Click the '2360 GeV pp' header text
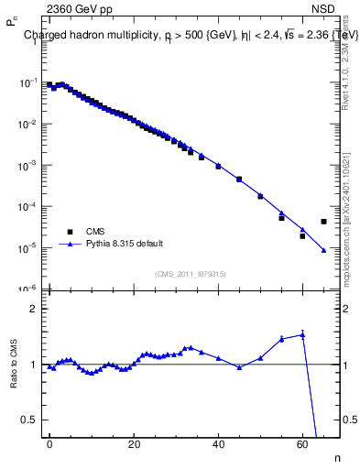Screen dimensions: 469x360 [x=74, y=9]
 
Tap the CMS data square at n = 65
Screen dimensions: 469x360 [x=323, y=222]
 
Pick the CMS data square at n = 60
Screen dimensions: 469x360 [x=302, y=236]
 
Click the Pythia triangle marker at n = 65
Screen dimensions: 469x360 [x=323, y=250]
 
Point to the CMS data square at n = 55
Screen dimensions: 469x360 [x=281, y=218]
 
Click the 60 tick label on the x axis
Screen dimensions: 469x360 [x=302, y=443]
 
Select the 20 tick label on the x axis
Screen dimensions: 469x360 [x=134, y=443]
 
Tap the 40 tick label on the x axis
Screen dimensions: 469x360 [x=218, y=443]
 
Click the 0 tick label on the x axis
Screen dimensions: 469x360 [x=49, y=443]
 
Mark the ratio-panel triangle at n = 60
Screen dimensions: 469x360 [x=302, y=335]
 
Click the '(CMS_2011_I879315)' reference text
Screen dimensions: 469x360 [x=190, y=274]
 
